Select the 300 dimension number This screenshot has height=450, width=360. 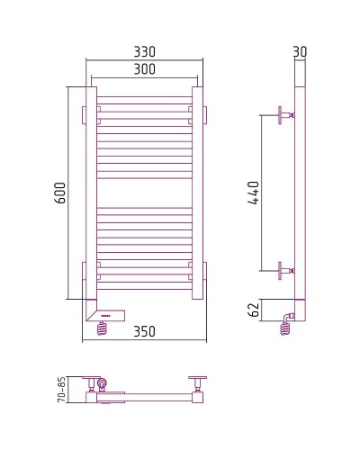point(144,68)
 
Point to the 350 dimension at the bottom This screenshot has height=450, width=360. point(145,331)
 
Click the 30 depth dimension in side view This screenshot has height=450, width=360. point(300,50)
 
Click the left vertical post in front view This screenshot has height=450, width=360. point(91,193)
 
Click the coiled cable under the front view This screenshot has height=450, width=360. point(104,328)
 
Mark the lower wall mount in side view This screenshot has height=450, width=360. point(283,269)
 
